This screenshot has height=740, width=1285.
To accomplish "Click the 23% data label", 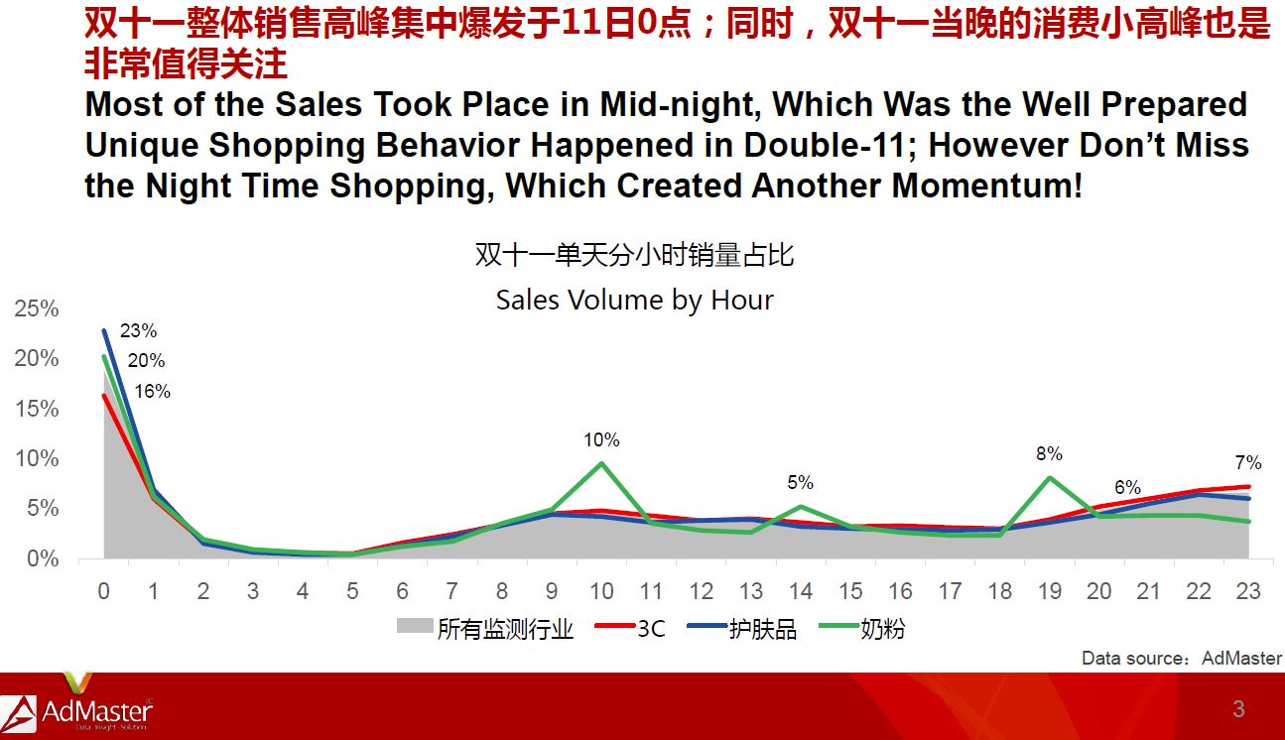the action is click(138, 330).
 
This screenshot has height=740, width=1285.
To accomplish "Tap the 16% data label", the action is click(152, 391).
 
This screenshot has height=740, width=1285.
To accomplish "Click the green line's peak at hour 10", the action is click(601, 463).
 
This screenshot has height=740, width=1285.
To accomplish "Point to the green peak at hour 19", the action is click(1049, 478).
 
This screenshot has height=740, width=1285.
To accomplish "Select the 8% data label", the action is click(1049, 453).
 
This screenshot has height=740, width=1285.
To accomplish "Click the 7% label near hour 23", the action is click(1248, 462).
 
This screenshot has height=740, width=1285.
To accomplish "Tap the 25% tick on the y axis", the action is click(37, 308).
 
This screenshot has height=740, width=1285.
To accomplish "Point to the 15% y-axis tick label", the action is click(37, 409).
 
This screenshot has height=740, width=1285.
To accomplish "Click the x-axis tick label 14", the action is click(800, 591).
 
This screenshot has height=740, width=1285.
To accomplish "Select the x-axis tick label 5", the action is click(352, 591).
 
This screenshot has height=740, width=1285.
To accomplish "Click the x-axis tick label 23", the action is click(1248, 591).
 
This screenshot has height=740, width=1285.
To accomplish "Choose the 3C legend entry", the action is click(630, 629).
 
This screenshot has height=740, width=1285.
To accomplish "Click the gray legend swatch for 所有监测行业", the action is click(415, 626).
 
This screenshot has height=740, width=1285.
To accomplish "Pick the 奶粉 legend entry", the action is click(862, 629).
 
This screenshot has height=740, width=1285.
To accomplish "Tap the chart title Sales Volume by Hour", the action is click(634, 300).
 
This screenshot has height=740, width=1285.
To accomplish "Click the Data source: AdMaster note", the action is click(1182, 658).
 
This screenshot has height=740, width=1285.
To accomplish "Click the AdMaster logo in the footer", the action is click(76, 706).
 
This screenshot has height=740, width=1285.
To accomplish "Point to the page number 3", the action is click(1238, 709).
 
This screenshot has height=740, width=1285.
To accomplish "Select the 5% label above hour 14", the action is click(800, 482).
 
